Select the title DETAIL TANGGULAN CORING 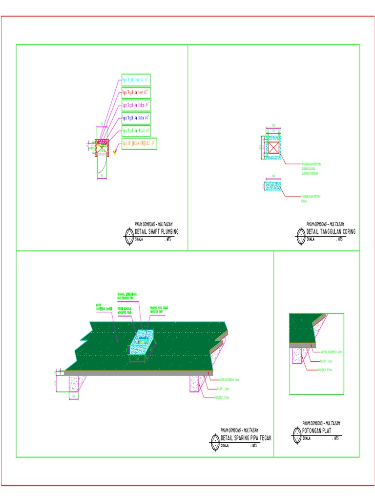pos(331,231)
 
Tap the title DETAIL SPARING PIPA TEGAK pos(246,438)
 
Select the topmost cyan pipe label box pos(136,79)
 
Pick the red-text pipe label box pos(136,92)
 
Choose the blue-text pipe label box pos(136,118)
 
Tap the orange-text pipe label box pos(139,144)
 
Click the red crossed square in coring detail pos(274,148)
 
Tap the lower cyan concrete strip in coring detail pos(274,186)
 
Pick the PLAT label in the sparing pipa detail pos(223,388)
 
